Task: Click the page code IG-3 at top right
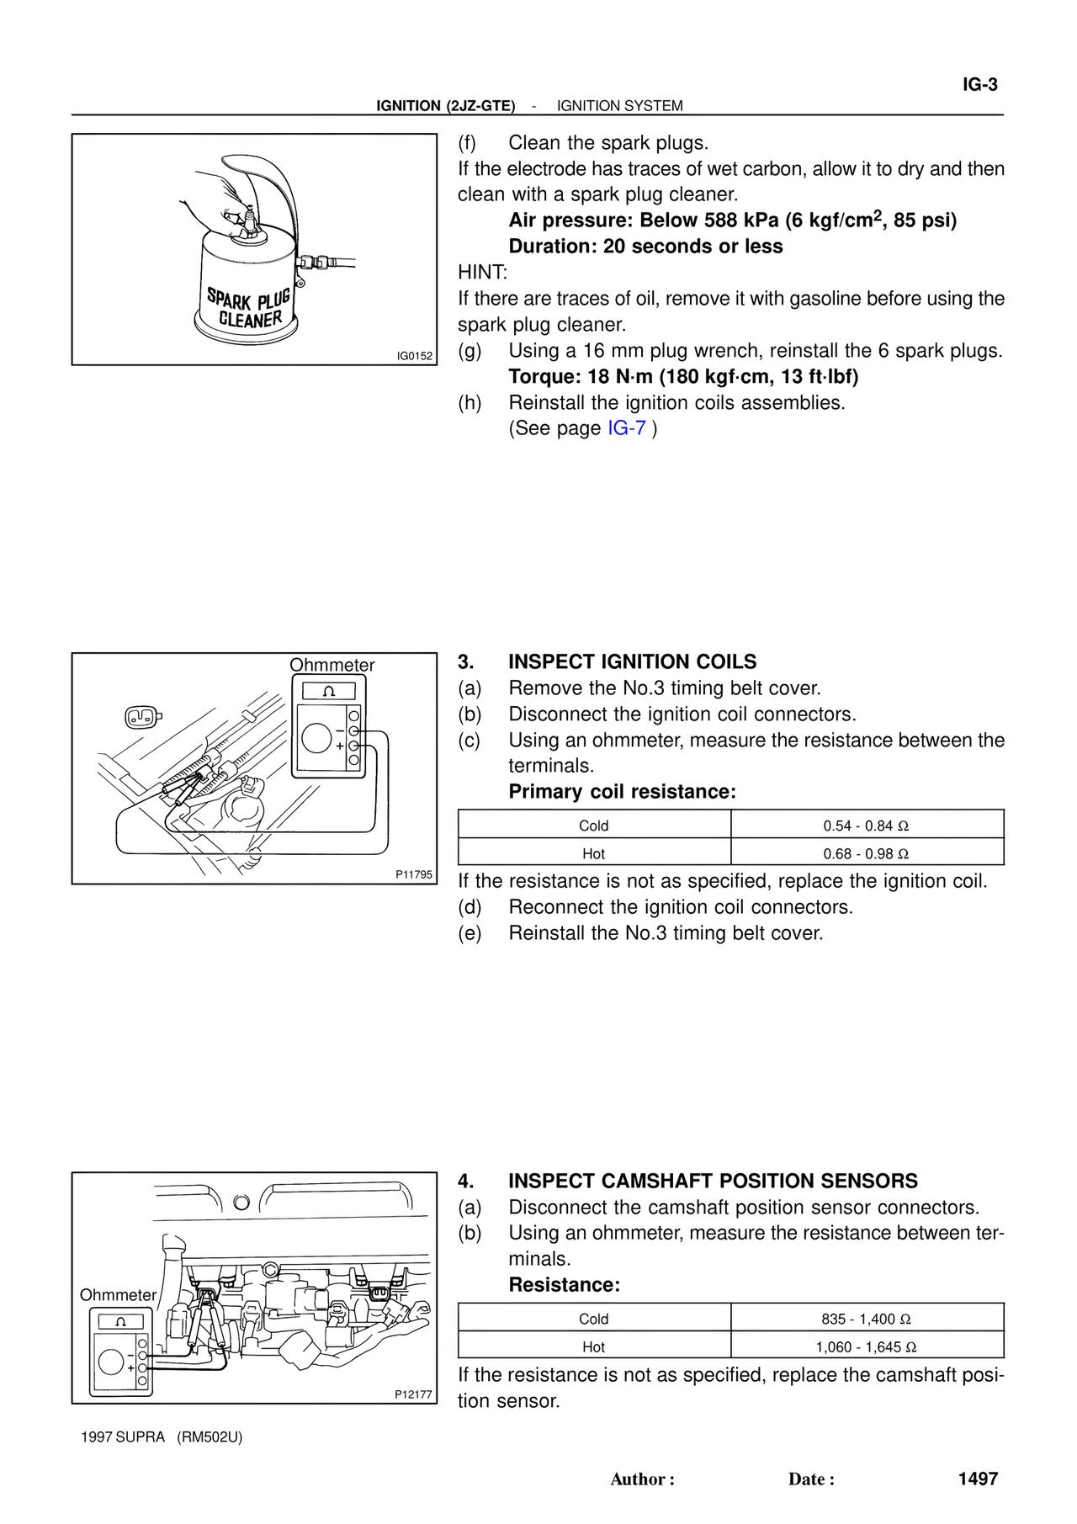tap(979, 85)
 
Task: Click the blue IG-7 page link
tap(626, 428)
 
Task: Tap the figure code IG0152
tap(415, 356)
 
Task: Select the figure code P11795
tap(414, 874)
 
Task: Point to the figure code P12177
tap(413, 1394)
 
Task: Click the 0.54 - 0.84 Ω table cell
tap(866, 826)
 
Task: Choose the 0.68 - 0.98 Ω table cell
tap(866, 853)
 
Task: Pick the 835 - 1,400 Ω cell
tap(866, 1319)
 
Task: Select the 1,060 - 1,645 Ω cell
tap(866, 1346)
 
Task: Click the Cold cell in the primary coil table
tap(593, 826)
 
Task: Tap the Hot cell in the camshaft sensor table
tap(593, 1346)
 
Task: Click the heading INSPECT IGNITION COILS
tap(632, 662)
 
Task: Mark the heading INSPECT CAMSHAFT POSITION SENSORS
tap(713, 1181)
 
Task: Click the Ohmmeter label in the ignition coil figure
tap(332, 665)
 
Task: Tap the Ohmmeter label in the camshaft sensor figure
tap(118, 1295)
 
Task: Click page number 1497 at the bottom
tap(978, 1479)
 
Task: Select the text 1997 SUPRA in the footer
tap(123, 1436)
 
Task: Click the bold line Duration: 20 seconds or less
tap(645, 247)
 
